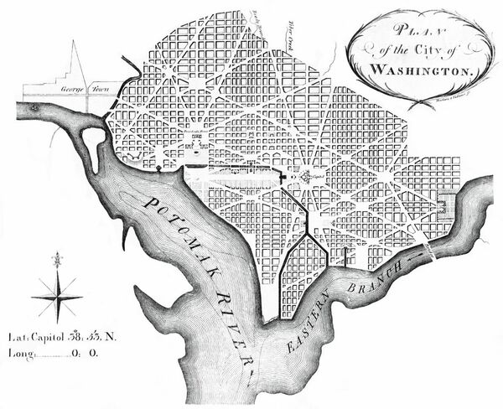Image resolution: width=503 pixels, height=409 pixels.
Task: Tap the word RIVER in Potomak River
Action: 236,328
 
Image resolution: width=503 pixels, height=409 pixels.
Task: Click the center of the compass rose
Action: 56,297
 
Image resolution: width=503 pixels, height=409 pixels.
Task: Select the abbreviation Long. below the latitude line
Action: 22,355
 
